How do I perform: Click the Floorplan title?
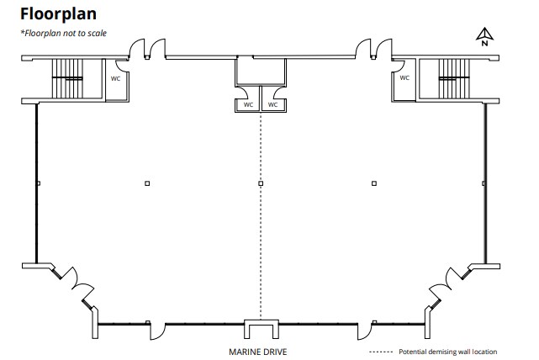(58, 14)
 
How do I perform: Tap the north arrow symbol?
(484, 36)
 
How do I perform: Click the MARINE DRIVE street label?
(258, 352)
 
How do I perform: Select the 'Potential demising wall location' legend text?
(448, 352)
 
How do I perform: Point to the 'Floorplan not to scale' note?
(64, 33)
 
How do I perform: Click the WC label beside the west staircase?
(115, 79)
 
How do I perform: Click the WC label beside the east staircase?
(404, 78)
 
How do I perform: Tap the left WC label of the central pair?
(248, 104)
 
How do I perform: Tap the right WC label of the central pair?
(272, 104)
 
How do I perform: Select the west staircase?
(67, 78)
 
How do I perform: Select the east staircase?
(454, 78)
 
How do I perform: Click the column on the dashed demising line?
(261, 183)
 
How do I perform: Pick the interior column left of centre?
(147, 183)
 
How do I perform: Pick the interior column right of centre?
(374, 183)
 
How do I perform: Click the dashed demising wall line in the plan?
(261, 216)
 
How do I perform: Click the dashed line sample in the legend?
(381, 352)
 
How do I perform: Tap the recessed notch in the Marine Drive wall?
(262, 329)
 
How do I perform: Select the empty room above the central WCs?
(261, 71)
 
